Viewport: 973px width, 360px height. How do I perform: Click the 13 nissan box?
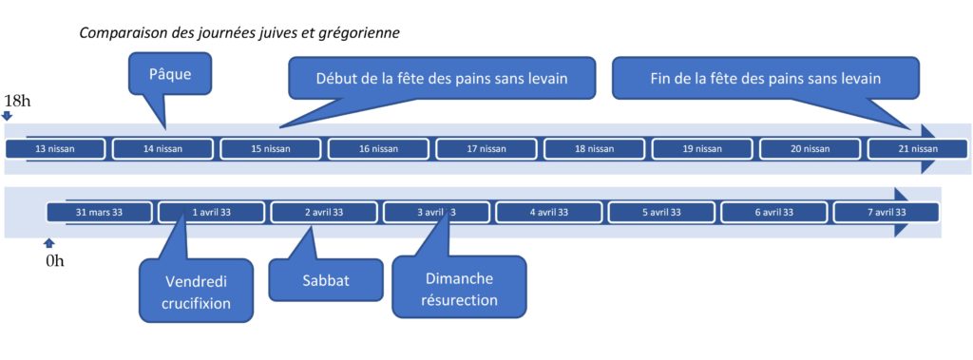(x=55, y=149)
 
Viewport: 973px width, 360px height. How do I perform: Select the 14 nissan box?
(x=162, y=149)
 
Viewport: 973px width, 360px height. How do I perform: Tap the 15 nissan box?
(x=271, y=149)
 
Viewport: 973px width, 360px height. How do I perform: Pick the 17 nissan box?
(x=486, y=149)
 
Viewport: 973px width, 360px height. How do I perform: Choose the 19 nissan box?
(x=702, y=149)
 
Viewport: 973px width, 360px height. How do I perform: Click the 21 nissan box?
(x=918, y=149)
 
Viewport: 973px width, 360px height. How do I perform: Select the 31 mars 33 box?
(x=99, y=212)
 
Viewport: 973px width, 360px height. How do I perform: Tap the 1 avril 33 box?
(x=212, y=212)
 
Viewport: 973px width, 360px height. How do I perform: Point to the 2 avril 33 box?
(x=324, y=212)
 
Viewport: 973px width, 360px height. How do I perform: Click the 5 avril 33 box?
(x=661, y=212)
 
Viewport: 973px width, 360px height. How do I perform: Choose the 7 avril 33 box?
(x=887, y=212)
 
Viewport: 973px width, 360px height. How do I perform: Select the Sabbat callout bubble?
(x=326, y=280)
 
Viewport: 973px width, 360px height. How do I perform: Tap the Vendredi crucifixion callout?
(x=196, y=291)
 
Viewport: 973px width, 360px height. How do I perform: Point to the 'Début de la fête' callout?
(x=442, y=78)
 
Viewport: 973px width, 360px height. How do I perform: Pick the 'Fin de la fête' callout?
(x=765, y=78)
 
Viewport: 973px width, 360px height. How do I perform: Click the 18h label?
(x=17, y=102)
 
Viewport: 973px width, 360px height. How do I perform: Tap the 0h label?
(x=54, y=261)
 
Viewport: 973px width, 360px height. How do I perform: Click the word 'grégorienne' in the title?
(x=362, y=33)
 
